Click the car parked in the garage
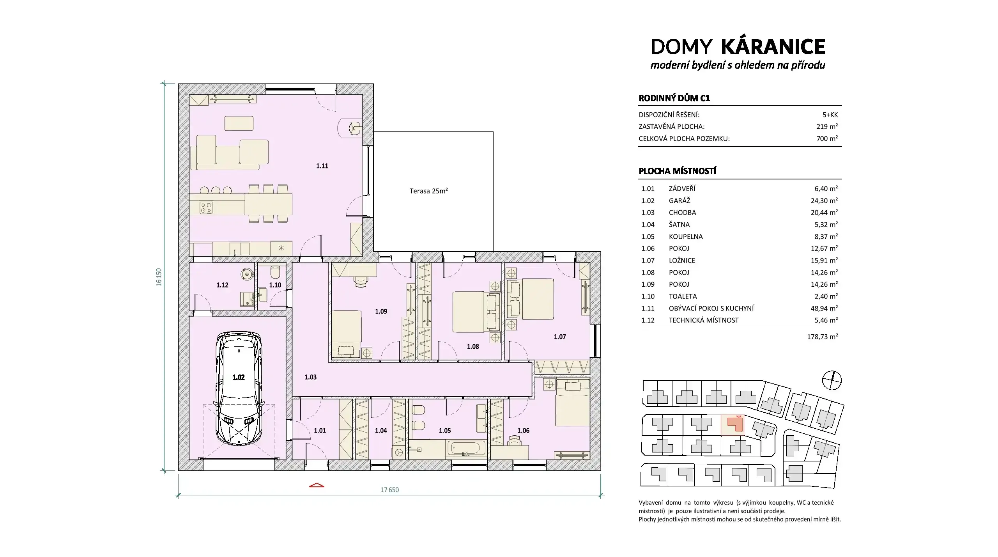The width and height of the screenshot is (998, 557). (x=239, y=388)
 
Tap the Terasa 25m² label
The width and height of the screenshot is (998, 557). (x=428, y=191)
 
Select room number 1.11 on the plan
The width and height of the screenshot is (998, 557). (x=322, y=166)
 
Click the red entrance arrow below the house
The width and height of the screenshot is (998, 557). (x=317, y=485)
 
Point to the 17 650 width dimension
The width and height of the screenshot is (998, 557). (x=389, y=490)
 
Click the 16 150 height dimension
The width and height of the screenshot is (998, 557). (x=159, y=277)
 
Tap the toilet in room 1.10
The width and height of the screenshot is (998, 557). (x=275, y=271)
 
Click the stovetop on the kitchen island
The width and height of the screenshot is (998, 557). (x=206, y=208)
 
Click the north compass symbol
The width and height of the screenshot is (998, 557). (x=832, y=380)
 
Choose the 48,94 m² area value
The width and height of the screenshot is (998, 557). (x=824, y=308)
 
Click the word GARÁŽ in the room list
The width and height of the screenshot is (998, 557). (x=679, y=200)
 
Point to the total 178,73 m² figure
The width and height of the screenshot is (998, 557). (x=822, y=337)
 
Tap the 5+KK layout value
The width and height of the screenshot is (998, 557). (x=830, y=115)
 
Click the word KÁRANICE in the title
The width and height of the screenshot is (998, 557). (x=773, y=46)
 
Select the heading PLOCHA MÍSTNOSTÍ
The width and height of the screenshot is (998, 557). (x=678, y=171)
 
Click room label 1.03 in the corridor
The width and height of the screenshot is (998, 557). (x=311, y=377)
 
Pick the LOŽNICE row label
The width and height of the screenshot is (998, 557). (x=682, y=261)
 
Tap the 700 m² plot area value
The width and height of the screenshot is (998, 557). (x=827, y=138)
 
